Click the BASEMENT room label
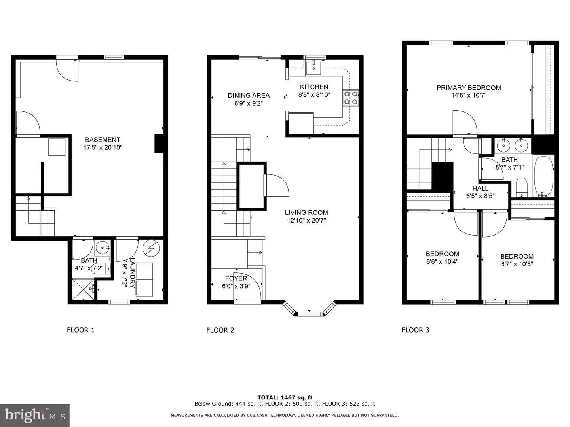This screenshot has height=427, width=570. [103, 140]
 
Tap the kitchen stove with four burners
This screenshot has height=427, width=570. [351, 98]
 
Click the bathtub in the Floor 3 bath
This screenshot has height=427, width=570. [544, 176]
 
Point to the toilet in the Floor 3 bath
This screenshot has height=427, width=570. [522, 187]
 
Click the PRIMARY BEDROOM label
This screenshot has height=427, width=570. [469, 88]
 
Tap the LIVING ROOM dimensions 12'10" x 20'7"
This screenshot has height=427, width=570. [306, 221]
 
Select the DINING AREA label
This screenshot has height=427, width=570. [249, 95]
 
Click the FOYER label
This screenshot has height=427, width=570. [236, 278]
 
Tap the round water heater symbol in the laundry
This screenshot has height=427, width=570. [150, 248]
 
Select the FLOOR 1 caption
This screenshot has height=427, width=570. [81, 330]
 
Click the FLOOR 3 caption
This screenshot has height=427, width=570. [415, 330]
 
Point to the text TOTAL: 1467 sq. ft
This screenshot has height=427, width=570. [285, 397]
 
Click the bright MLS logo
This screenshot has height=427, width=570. [34, 415]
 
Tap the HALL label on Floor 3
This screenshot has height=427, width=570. [480, 188]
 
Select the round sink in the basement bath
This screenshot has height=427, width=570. [103, 249]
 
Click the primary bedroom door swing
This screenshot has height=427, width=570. [464, 123]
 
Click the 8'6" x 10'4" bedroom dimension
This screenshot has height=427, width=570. [442, 261]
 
